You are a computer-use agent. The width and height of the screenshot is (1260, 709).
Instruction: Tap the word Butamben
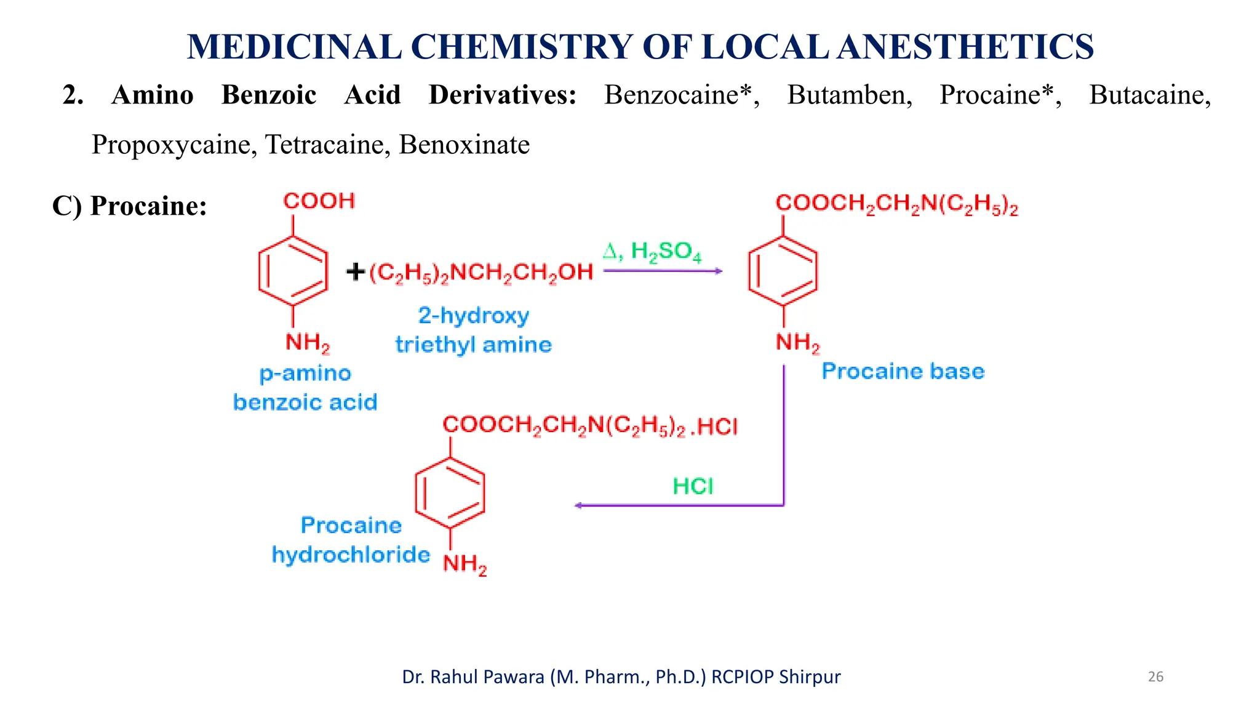(849, 95)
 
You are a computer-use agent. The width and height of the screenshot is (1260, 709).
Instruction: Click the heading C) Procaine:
(130, 206)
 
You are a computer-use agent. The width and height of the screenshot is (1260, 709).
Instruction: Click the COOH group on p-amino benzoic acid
(319, 201)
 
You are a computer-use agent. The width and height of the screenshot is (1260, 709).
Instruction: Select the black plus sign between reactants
(356, 271)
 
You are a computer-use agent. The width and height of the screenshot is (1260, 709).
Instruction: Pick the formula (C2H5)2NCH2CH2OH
(481, 273)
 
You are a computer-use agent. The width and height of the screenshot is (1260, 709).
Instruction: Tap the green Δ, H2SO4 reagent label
(652, 252)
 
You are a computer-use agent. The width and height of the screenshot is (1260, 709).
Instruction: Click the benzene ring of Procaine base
(783, 271)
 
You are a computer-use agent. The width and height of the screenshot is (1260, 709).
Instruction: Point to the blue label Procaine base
(903, 371)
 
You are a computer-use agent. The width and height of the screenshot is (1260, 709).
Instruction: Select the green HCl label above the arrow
(693, 486)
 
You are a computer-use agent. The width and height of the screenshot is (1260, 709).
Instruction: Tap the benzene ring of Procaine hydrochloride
(450, 492)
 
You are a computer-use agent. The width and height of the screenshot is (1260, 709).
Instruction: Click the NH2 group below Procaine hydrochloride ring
(465, 564)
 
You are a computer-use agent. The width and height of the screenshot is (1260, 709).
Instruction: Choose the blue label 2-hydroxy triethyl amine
(473, 330)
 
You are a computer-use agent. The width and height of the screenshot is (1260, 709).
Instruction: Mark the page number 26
(1155, 677)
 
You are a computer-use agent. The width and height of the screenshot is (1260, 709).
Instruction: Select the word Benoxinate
(464, 145)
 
